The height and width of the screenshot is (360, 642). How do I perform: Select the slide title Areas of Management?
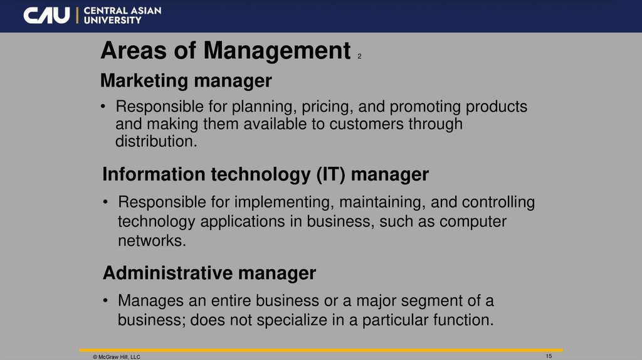tap(225, 51)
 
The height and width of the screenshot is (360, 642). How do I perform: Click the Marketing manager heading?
tap(186, 81)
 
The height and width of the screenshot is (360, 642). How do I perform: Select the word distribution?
tap(156, 141)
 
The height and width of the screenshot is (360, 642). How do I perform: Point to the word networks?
tap(152, 241)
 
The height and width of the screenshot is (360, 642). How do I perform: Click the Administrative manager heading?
tap(209, 273)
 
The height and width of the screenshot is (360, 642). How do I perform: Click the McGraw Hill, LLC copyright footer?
tap(117, 356)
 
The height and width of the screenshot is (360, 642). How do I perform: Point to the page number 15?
tap(549, 356)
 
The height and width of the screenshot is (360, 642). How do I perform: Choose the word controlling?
tap(498, 203)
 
